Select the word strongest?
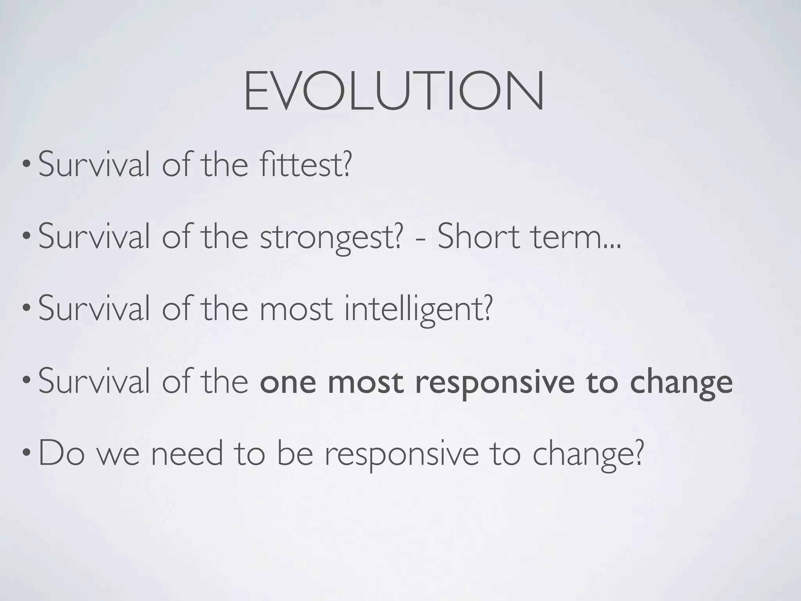coord(331,237)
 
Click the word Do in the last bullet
coord(62,454)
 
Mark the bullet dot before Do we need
coord(26,455)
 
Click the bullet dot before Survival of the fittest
coord(26,165)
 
